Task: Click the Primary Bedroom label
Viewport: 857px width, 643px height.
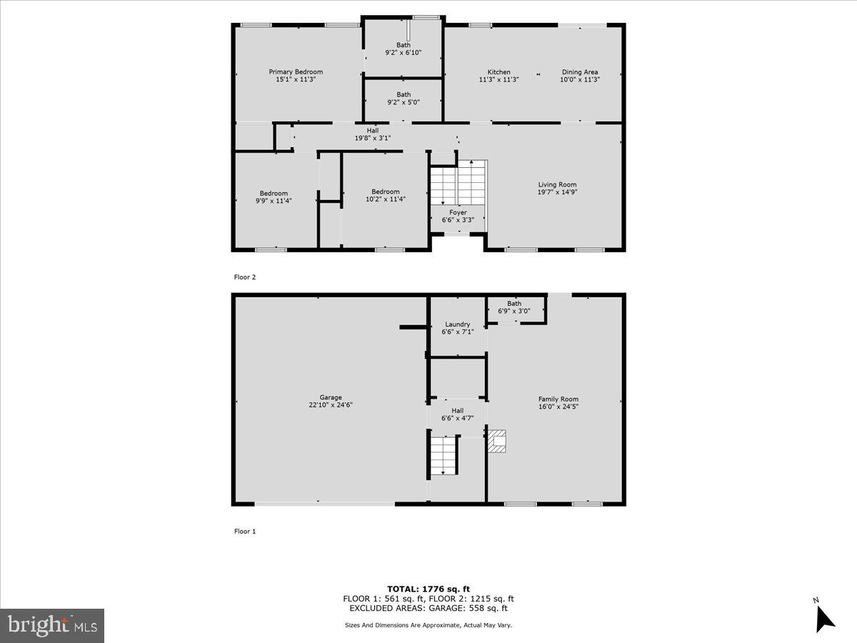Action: [296, 71]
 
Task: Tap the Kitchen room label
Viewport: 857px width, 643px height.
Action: [498, 71]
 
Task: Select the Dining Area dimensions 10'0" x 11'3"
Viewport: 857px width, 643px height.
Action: [579, 80]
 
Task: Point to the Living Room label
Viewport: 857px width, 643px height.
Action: [557, 184]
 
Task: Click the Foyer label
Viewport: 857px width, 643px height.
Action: [458, 212]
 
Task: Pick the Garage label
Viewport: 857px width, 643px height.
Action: [331, 397]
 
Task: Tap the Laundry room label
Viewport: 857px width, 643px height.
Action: [457, 324]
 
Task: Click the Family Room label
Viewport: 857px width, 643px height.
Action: [558, 399]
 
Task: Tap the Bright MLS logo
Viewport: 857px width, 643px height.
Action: [52, 626]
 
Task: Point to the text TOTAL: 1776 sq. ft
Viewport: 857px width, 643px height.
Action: [428, 589]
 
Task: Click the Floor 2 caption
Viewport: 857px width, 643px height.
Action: [245, 277]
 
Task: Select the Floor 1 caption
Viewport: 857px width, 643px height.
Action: [245, 532]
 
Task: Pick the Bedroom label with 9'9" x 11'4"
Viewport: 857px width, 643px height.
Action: [274, 193]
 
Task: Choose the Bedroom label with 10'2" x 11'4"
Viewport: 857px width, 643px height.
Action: [385, 191]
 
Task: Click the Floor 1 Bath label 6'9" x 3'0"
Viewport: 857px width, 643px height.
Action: [514, 304]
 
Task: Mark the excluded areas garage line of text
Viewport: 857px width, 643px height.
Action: [428, 609]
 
